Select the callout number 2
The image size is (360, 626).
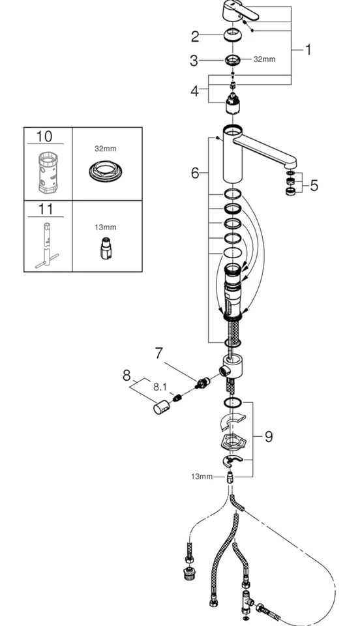pos(194,36)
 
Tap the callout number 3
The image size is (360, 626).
pos(194,61)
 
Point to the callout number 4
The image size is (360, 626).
pos(194,91)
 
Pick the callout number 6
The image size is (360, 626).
pos(194,173)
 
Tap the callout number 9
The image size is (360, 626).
pos(268,436)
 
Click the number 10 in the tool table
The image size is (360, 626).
pos(44,137)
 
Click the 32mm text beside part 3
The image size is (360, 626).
pos(264,59)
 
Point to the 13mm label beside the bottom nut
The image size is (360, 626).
pos(202,477)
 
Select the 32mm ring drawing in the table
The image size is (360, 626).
pos(105,171)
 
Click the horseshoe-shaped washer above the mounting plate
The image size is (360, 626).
pos(232,421)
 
